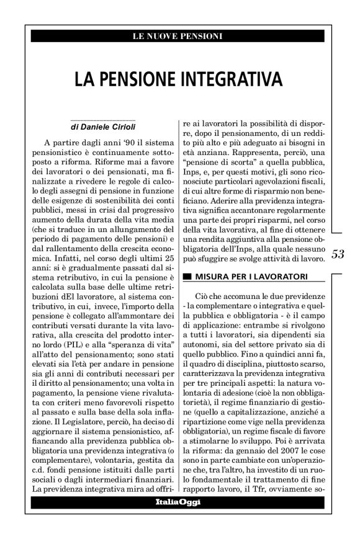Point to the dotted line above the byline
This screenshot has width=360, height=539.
point(96,118)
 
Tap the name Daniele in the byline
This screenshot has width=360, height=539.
point(94,126)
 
